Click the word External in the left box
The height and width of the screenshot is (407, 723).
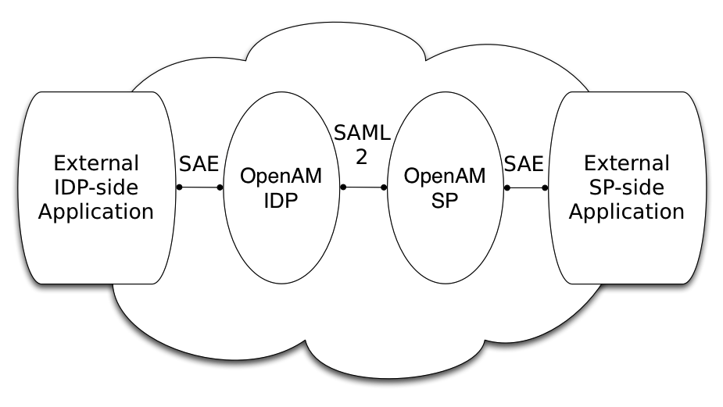click(95, 164)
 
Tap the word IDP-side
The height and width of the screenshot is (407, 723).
click(95, 187)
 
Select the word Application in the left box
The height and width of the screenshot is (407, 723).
click(95, 212)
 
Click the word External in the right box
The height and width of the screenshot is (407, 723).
click(627, 164)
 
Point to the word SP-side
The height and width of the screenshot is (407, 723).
click(627, 187)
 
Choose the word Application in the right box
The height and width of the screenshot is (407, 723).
click(627, 212)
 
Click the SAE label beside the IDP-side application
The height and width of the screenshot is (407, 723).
click(199, 165)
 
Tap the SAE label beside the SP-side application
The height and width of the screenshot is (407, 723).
click(524, 165)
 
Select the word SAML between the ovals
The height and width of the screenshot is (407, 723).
click(362, 133)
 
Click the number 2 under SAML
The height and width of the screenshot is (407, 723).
click(361, 157)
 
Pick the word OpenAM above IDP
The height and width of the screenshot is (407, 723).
click(281, 176)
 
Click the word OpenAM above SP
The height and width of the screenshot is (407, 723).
click(444, 176)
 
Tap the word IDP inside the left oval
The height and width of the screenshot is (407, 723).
click(281, 200)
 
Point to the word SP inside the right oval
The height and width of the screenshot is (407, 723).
click(444, 200)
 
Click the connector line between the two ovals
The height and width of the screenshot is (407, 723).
click(363, 187)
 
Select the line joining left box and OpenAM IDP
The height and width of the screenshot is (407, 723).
click(199, 187)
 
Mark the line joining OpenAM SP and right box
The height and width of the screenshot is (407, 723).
click(525, 187)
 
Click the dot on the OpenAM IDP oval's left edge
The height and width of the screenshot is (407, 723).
click(220, 187)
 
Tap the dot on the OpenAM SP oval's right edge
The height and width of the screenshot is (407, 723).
click(505, 187)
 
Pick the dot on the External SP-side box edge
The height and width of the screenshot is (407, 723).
click(546, 187)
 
